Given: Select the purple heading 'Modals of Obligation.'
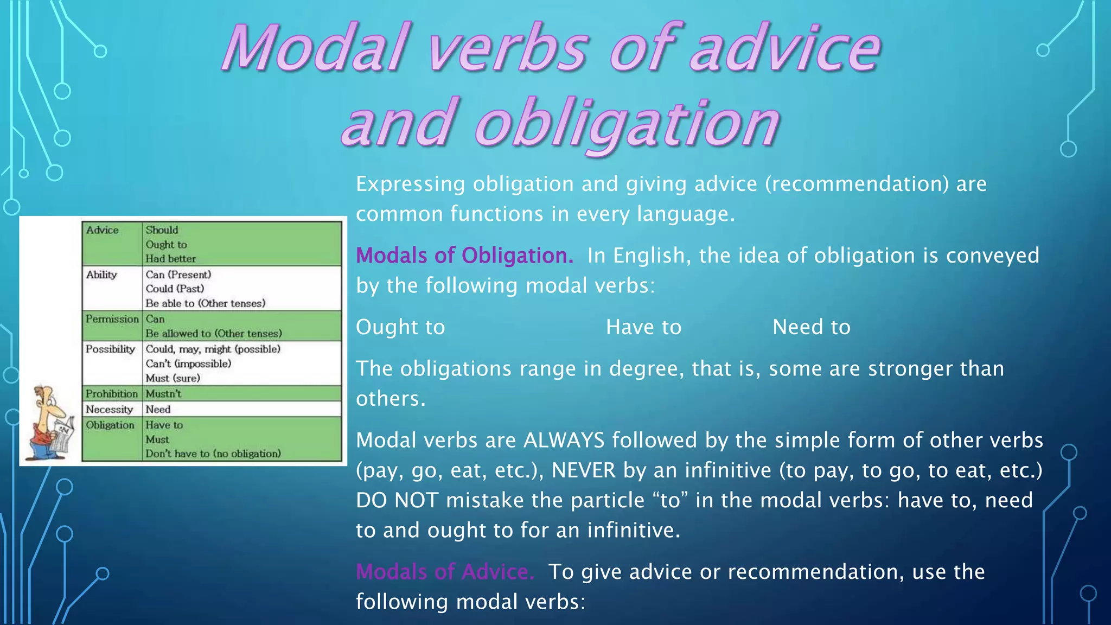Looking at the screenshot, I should pyautogui.click(x=464, y=256).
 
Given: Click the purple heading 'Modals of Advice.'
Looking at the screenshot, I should pyautogui.click(x=445, y=572).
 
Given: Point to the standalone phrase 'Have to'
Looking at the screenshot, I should pyautogui.click(x=643, y=327).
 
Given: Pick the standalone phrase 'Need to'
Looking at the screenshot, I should pyautogui.click(x=811, y=327).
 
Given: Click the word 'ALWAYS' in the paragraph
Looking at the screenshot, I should pyautogui.click(x=564, y=440).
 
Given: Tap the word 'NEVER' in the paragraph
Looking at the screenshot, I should pyautogui.click(x=584, y=470).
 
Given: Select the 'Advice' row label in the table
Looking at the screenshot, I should pyautogui.click(x=102, y=230).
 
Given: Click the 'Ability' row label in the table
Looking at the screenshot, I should pyautogui.click(x=101, y=275).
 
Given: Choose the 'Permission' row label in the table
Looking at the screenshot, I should pyautogui.click(x=112, y=319).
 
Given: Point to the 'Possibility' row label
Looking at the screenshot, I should pyautogui.click(x=110, y=349).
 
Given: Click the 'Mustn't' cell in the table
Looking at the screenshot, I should pyautogui.click(x=163, y=394).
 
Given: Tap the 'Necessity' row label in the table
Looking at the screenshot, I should pyautogui.click(x=109, y=410).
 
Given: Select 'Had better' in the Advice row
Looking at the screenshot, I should pyautogui.click(x=170, y=259).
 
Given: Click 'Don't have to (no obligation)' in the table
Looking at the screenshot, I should pyautogui.click(x=213, y=454).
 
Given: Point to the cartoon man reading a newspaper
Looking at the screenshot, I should pyautogui.click(x=52, y=423).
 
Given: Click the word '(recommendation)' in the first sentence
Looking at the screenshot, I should pyautogui.click(x=857, y=184).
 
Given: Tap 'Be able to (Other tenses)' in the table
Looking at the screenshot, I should pyautogui.click(x=205, y=303).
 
